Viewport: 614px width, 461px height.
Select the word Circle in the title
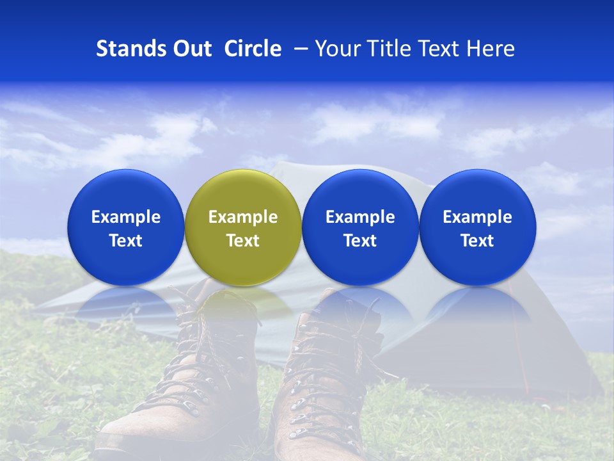pyautogui.click(x=253, y=49)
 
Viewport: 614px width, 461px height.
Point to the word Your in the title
pyautogui.click(x=335, y=49)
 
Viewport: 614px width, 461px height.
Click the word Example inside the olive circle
pyautogui.click(x=243, y=217)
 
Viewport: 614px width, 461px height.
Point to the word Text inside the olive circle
pyautogui.click(x=243, y=241)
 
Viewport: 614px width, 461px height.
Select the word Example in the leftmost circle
pyautogui.click(x=125, y=217)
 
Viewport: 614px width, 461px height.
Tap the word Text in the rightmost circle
pyautogui.click(x=477, y=241)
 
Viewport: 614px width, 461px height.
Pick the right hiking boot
pyautogui.click(x=320, y=384)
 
